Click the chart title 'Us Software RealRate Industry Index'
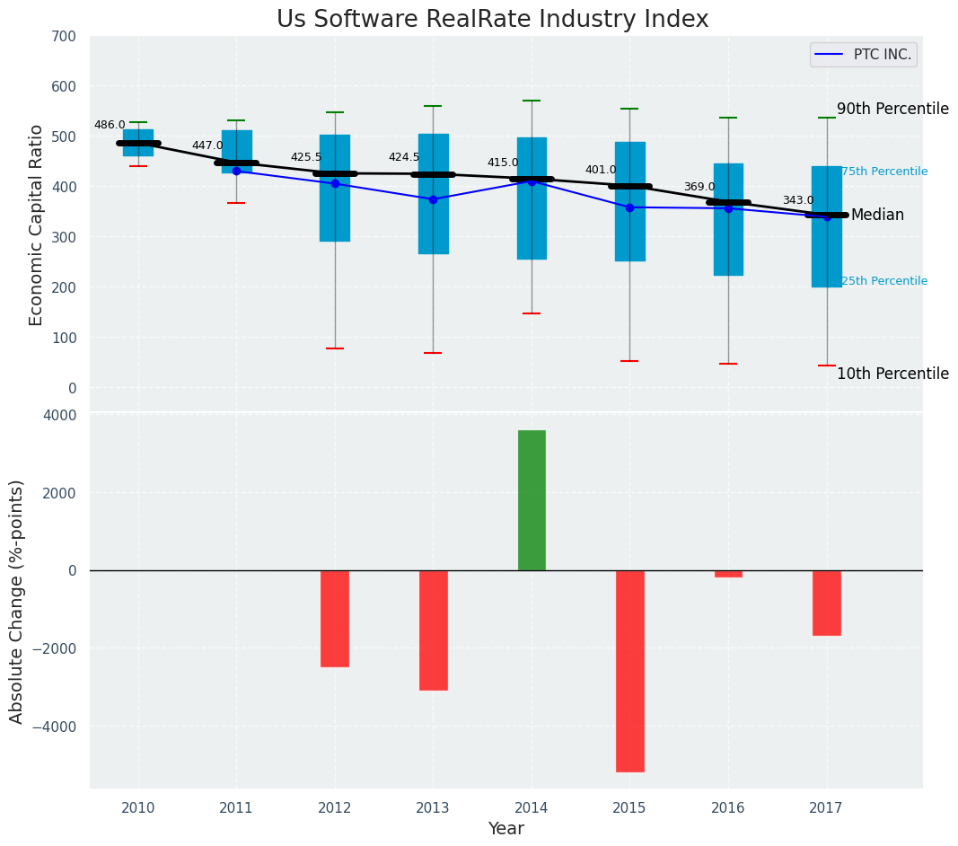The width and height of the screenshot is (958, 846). tap(492, 20)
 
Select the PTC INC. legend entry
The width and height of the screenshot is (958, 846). tap(863, 55)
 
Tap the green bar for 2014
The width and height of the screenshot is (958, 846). tap(532, 500)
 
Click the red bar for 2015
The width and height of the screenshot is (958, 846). tap(629, 671)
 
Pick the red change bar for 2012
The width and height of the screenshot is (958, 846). tap(335, 618)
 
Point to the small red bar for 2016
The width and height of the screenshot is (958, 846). tap(728, 574)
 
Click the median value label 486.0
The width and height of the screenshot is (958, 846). tap(110, 125)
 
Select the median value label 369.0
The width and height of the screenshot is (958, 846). tap(699, 187)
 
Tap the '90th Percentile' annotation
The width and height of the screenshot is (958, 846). tap(892, 109)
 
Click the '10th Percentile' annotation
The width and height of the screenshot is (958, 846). tap(892, 374)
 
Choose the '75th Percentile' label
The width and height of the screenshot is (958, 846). tap(884, 172)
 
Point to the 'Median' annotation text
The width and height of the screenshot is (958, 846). tap(877, 216)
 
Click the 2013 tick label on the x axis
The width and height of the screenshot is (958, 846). tap(433, 807)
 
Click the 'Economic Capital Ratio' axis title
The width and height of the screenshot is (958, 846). tap(37, 225)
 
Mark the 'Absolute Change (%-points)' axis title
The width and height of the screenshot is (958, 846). tap(17, 601)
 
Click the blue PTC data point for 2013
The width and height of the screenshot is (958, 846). tap(433, 199)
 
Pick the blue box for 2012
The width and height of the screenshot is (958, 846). tap(335, 188)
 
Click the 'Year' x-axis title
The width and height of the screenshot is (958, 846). tap(506, 829)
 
